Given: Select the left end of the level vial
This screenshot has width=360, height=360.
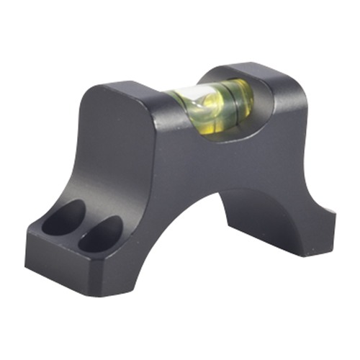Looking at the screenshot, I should [x=169, y=101].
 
